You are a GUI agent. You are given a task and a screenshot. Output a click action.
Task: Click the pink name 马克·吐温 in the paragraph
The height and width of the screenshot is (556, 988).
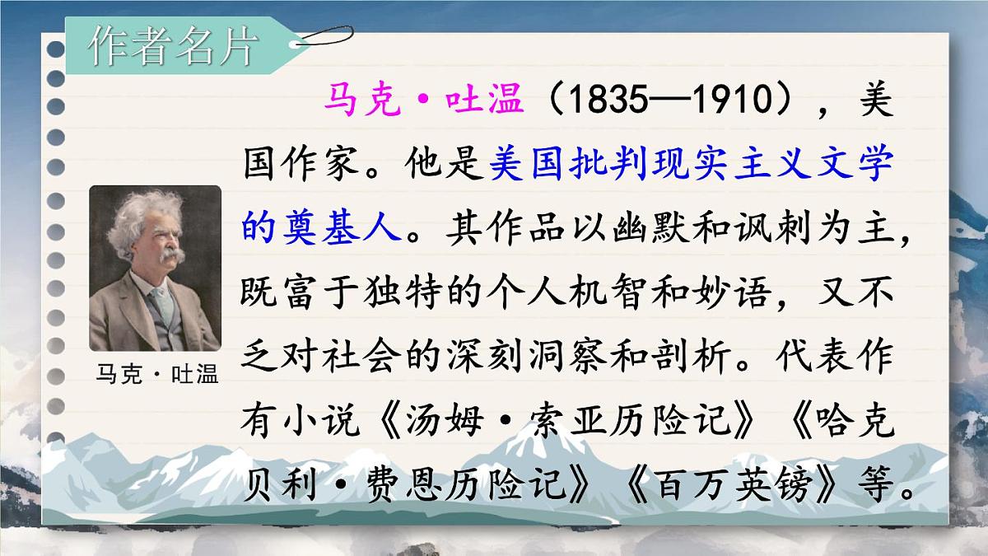[423, 102]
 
